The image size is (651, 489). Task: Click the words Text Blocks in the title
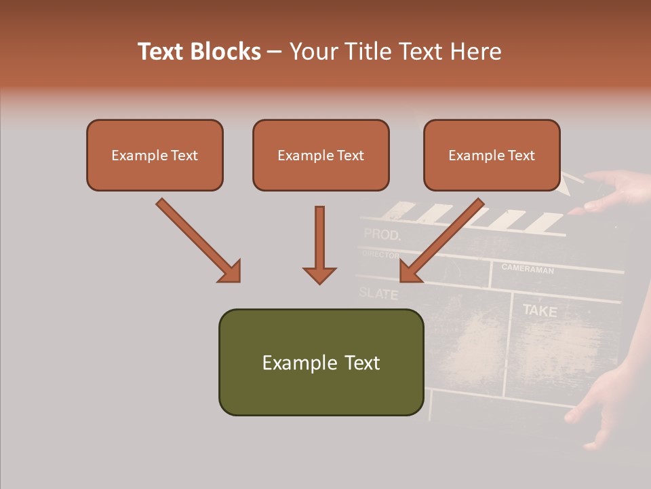(x=199, y=52)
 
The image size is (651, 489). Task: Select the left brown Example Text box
(x=155, y=155)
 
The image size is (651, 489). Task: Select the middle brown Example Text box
(x=321, y=155)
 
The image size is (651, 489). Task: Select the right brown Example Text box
(x=492, y=155)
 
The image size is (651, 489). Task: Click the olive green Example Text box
(x=321, y=362)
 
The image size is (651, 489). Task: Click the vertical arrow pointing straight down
(x=319, y=244)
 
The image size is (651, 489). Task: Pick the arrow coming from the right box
(x=441, y=240)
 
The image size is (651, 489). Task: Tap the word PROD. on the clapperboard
(x=382, y=236)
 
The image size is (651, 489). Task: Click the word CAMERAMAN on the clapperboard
(x=528, y=268)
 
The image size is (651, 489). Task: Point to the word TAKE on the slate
(x=539, y=311)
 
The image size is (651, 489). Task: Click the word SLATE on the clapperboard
(x=378, y=293)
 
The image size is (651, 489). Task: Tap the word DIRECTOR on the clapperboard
(x=380, y=254)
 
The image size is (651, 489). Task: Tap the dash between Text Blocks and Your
(x=275, y=52)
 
